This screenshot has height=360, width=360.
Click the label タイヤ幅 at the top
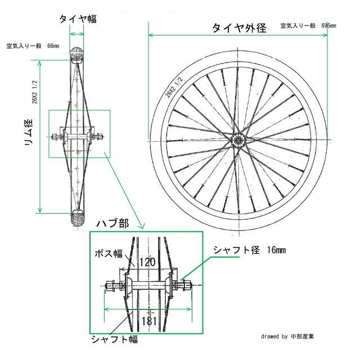tap(78, 19)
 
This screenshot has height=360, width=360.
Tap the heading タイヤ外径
tap(239, 28)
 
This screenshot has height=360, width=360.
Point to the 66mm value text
tap(53, 46)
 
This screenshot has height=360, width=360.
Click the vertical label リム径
tap(26, 133)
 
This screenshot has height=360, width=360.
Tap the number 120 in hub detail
tap(147, 262)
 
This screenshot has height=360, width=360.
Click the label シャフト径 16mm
tap(249, 249)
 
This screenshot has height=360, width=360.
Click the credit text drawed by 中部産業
tap(295, 336)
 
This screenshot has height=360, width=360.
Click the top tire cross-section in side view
tap(77, 56)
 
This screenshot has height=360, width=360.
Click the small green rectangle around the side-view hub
tap(79, 134)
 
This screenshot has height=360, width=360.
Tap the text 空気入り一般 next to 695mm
tap(298, 26)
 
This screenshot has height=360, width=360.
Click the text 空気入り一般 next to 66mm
tap(24, 46)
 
